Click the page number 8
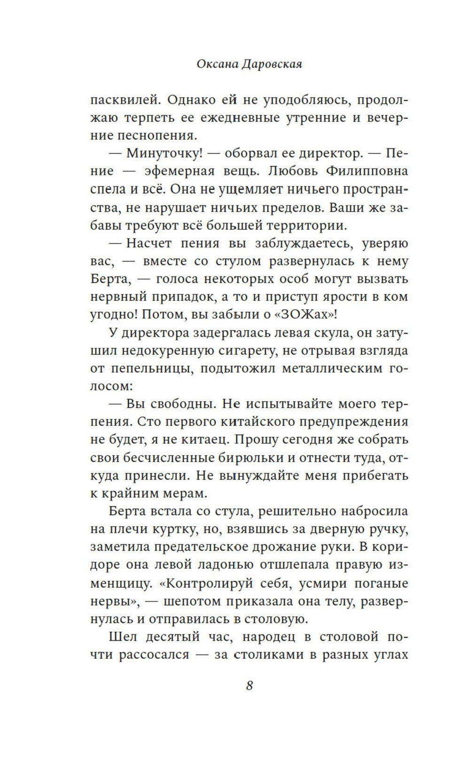pyautogui.click(x=250, y=685)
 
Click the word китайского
pyautogui.click(x=266, y=422)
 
